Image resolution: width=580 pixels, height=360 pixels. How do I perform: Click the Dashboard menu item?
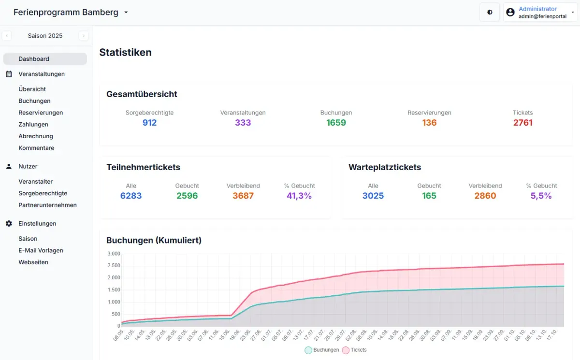pyautogui.click(x=34, y=59)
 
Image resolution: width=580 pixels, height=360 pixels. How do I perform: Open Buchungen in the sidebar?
pyautogui.click(x=34, y=101)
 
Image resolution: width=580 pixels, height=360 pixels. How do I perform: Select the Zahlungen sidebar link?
pyautogui.click(x=33, y=125)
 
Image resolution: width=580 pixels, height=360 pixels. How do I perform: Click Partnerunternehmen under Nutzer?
pyautogui.click(x=47, y=205)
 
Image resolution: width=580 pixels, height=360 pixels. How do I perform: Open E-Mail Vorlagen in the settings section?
pyautogui.click(x=41, y=251)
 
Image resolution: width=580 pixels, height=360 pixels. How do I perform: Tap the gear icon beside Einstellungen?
pyautogui.click(x=9, y=224)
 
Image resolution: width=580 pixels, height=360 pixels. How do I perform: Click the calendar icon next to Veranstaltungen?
pyautogui.click(x=9, y=74)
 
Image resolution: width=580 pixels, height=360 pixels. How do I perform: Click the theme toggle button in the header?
pyautogui.click(x=490, y=13)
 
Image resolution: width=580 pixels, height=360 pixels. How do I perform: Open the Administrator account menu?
pyautogui.click(x=540, y=13)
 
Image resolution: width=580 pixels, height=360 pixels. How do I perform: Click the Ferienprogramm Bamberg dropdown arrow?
pyautogui.click(x=126, y=13)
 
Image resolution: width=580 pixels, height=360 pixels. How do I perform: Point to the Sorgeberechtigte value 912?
pyautogui.click(x=149, y=123)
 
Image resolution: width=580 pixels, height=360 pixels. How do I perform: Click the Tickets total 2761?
pyautogui.click(x=522, y=123)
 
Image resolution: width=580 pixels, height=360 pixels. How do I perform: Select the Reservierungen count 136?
pyautogui.click(x=429, y=123)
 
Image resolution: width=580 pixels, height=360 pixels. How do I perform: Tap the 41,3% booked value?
pyautogui.click(x=299, y=196)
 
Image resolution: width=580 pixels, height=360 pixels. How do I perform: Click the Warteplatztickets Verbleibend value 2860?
pyautogui.click(x=485, y=196)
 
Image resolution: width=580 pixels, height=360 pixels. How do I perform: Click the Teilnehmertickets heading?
pyautogui.click(x=143, y=167)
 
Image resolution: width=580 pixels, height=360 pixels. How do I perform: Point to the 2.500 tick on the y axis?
pyautogui.click(x=114, y=266)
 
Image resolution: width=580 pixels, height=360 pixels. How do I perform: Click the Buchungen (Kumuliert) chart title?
pyautogui.click(x=154, y=240)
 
